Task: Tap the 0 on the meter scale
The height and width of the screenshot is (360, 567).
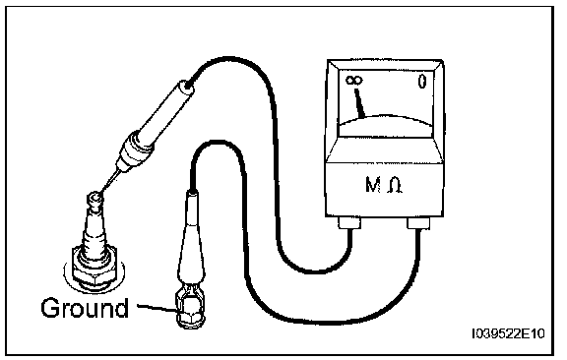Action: click(x=422, y=81)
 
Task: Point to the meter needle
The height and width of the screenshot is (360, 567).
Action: click(x=359, y=103)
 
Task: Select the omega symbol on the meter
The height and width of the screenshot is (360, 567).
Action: click(x=395, y=186)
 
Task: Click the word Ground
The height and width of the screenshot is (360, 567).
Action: click(x=85, y=308)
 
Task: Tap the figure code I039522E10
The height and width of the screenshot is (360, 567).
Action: click(x=508, y=334)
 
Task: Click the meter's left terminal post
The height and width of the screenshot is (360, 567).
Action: click(x=350, y=222)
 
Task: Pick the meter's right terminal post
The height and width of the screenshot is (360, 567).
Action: click(x=418, y=223)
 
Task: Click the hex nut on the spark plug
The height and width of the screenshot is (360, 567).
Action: click(x=94, y=270)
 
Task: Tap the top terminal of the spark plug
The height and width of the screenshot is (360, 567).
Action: click(x=95, y=201)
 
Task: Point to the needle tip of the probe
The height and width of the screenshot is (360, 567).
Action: click(x=101, y=192)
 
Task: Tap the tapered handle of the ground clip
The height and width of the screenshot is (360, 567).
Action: click(x=191, y=238)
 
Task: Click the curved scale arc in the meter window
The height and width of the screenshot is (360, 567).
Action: click(x=386, y=118)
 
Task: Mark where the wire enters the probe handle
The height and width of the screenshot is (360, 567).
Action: click(x=188, y=86)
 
